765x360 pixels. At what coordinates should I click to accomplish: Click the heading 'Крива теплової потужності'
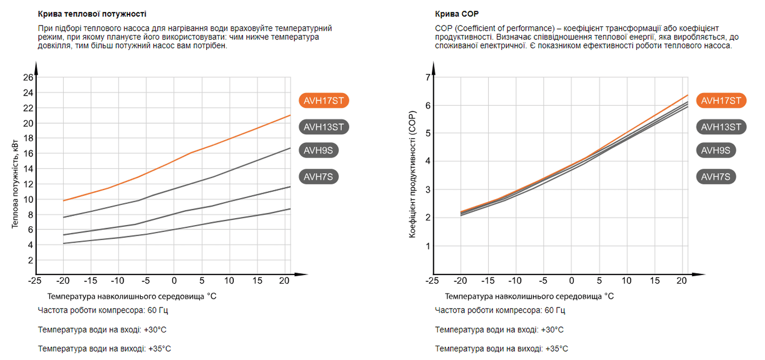pyautogui.click(x=92, y=13)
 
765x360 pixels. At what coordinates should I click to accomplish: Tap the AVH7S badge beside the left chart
pyautogui.click(x=319, y=177)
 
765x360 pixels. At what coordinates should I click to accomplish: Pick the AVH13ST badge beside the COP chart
pyautogui.click(x=721, y=126)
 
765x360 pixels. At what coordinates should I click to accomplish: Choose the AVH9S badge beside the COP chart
pyautogui.click(x=715, y=150)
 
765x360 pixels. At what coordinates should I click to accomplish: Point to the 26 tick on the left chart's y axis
pyautogui.click(x=28, y=78)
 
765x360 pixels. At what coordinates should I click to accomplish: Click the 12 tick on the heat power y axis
pyautogui.click(x=28, y=184)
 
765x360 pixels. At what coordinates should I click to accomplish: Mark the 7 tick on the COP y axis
pyautogui.click(x=427, y=78)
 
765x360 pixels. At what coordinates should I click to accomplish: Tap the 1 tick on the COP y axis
pyautogui.click(x=427, y=246)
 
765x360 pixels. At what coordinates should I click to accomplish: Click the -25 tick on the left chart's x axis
pyautogui.click(x=35, y=280)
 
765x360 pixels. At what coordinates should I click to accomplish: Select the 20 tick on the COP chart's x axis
pyautogui.click(x=683, y=280)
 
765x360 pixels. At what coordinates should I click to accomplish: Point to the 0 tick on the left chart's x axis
pyautogui.click(x=174, y=280)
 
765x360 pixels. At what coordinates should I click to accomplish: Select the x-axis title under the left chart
pyautogui.click(x=132, y=296)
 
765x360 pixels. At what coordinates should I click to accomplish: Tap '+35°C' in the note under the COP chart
pyautogui.click(x=555, y=349)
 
